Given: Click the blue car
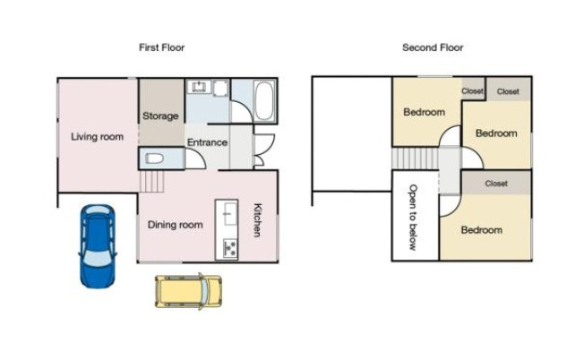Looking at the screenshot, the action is [x=98, y=246].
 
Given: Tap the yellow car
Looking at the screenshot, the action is [x=188, y=291].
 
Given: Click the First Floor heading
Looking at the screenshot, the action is [x=162, y=47].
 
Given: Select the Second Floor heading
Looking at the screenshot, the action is [x=433, y=47].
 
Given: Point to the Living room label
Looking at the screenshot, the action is [x=98, y=137].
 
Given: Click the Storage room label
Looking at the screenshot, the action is [x=160, y=116].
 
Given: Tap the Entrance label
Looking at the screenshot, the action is [x=207, y=142].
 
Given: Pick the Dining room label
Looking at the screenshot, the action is [x=176, y=225].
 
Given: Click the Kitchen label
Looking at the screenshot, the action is [x=258, y=220].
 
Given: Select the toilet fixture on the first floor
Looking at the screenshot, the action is [x=154, y=159].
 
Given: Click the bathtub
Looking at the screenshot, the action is [x=264, y=100].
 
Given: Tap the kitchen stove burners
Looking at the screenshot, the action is [x=230, y=248].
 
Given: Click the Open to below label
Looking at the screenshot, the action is [x=413, y=217].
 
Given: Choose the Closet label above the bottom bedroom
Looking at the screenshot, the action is [x=496, y=184].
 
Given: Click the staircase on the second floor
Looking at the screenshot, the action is [x=415, y=159].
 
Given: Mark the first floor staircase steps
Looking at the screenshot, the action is [x=151, y=182].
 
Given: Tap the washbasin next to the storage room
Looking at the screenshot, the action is [x=199, y=87].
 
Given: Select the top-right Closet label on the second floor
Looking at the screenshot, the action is [x=508, y=91].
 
